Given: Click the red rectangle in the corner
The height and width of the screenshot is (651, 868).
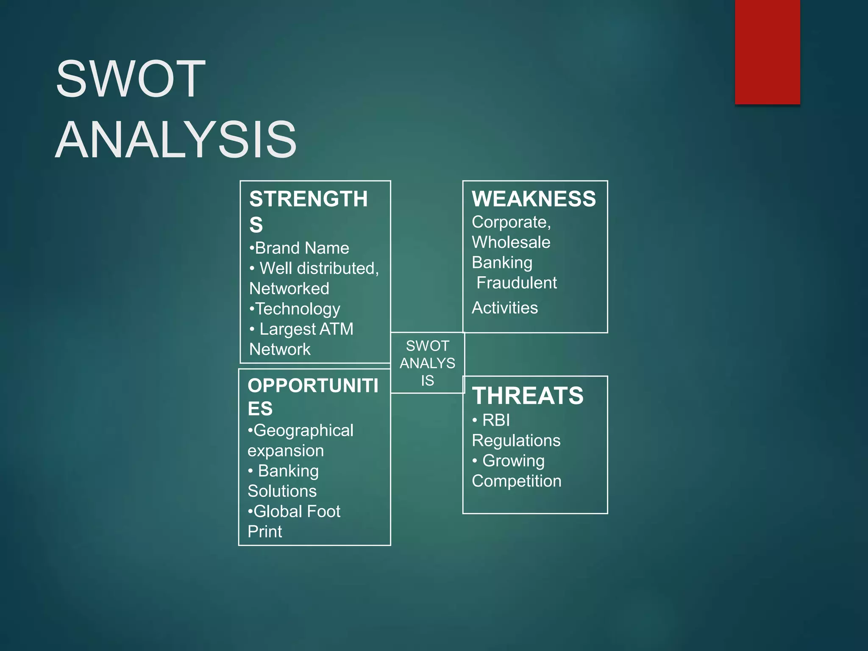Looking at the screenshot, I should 767,52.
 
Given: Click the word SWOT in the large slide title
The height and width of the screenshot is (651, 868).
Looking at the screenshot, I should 131,79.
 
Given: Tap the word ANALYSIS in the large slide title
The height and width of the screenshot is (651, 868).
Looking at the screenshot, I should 176,139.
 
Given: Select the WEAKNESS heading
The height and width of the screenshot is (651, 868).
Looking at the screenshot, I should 534,199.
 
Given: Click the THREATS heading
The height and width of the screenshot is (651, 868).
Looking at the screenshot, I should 528,395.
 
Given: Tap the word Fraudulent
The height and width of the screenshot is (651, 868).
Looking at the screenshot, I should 516,283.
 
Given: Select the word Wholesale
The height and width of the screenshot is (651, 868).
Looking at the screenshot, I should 511,242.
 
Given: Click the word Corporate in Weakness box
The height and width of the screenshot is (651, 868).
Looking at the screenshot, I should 510,222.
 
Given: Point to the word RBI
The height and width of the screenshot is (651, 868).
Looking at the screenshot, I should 496,420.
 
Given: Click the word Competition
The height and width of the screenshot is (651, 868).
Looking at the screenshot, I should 516,481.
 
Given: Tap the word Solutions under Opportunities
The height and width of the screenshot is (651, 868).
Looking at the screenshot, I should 282,491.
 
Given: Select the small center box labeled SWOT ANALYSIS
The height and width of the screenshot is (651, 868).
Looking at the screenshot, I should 427,363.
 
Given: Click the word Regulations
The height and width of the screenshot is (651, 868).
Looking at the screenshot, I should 516,440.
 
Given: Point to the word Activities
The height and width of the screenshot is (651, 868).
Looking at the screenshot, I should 504,308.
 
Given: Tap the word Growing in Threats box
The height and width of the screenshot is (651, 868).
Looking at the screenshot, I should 513,461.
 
